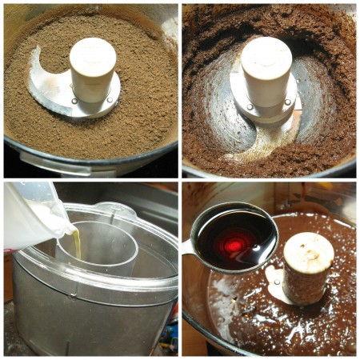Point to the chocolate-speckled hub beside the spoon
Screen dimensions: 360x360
tap(307, 268)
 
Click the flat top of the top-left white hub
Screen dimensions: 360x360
tap(94, 49)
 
